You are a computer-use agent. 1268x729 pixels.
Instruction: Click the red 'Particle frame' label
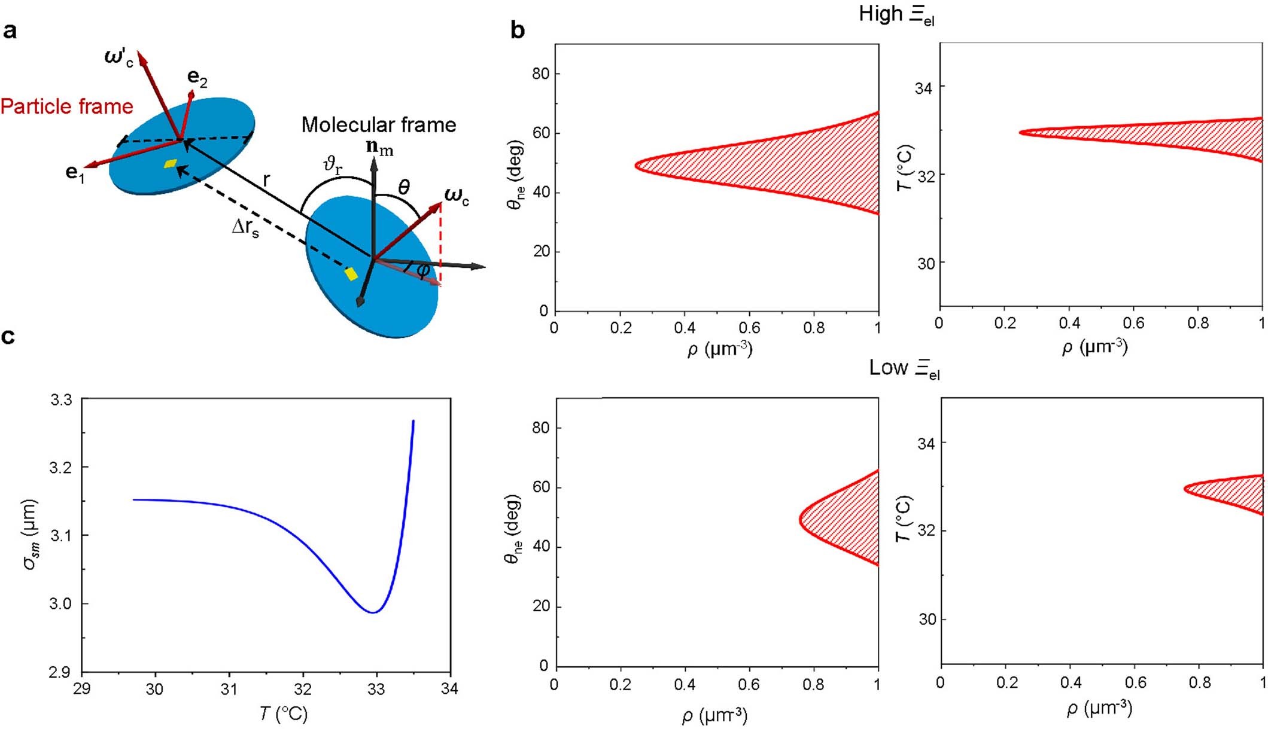(x=67, y=106)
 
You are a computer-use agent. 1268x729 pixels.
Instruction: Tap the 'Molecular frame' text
(x=378, y=124)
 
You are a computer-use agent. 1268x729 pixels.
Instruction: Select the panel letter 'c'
(x=8, y=337)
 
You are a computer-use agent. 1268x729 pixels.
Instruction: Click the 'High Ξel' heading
(x=896, y=14)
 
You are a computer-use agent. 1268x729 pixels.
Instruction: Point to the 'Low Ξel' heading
(x=904, y=368)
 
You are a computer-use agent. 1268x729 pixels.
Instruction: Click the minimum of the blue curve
(x=373, y=612)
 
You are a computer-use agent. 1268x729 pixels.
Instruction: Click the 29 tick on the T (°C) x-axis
(x=82, y=689)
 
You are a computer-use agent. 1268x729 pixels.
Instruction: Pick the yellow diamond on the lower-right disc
(x=351, y=274)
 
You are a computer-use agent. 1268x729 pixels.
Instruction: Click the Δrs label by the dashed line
(x=245, y=228)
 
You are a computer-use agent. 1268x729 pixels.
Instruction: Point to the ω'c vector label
(x=118, y=60)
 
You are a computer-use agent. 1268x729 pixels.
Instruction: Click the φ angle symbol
(x=423, y=270)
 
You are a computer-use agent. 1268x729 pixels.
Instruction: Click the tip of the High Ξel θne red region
(x=635, y=164)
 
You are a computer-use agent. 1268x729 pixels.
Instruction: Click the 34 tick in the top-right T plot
(x=923, y=89)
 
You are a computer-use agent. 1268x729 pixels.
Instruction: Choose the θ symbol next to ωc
(x=404, y=188)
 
